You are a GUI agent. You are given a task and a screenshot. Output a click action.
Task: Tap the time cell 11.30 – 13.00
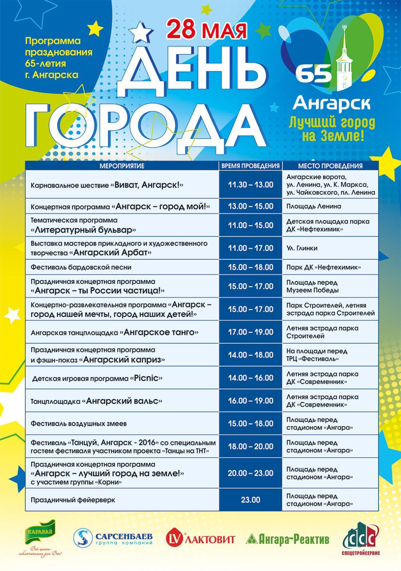[x=251, y=185]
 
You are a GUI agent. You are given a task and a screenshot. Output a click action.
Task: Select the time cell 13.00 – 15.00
[x=251, y=206]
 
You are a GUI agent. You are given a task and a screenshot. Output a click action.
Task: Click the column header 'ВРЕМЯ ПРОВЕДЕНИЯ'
[x=250, y=166]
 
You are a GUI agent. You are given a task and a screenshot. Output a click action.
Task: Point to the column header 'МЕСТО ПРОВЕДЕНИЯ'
[x=330, y=166]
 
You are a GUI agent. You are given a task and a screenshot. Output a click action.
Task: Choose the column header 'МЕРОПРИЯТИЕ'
[x=122, y=166]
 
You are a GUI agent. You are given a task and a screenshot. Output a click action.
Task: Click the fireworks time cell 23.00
[x=251, y=500]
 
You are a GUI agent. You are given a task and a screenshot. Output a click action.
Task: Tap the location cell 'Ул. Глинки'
[x=302, y=248]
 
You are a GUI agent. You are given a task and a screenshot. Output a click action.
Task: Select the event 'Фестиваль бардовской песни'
[x=81, y=267]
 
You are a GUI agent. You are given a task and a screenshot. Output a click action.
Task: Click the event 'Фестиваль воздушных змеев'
[x=79, y=424]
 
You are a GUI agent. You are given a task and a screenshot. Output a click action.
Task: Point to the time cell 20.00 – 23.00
[x=251, y=473]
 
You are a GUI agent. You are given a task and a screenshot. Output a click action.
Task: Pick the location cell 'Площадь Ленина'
[x=314, y=206]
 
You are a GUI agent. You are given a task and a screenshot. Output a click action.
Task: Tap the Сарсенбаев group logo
[x=113, y=538]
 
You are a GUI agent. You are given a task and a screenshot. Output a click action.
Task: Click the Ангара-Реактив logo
[x=287, y=539]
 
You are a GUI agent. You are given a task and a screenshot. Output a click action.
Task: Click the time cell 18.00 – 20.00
[x=251, y=447]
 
